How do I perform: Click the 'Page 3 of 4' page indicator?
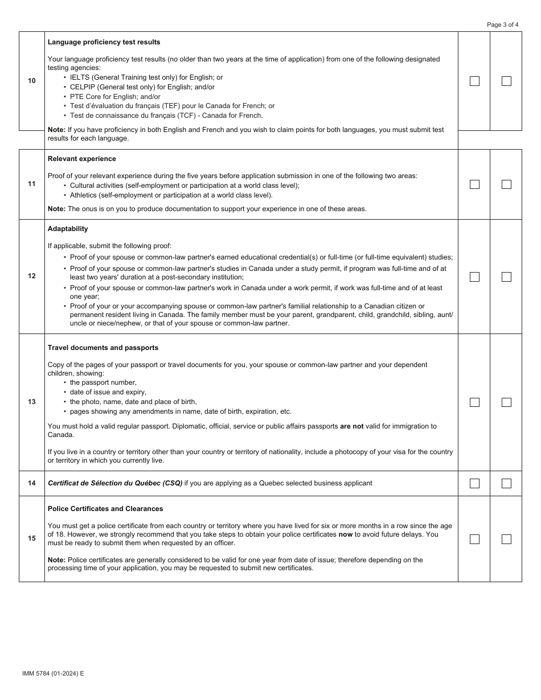502,24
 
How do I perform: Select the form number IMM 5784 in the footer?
53,673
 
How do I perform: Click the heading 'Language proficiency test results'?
104,42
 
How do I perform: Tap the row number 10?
32,81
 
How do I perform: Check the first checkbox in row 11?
474,184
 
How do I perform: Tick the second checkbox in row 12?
506,277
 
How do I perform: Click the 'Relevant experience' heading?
81,159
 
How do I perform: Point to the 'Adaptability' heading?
68,229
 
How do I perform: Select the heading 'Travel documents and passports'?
103,348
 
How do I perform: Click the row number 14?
32,483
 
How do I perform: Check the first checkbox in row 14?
474,483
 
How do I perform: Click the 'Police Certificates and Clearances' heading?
105,509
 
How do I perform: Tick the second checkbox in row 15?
506,539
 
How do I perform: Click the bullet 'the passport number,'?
103,382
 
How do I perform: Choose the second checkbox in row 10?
506,81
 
